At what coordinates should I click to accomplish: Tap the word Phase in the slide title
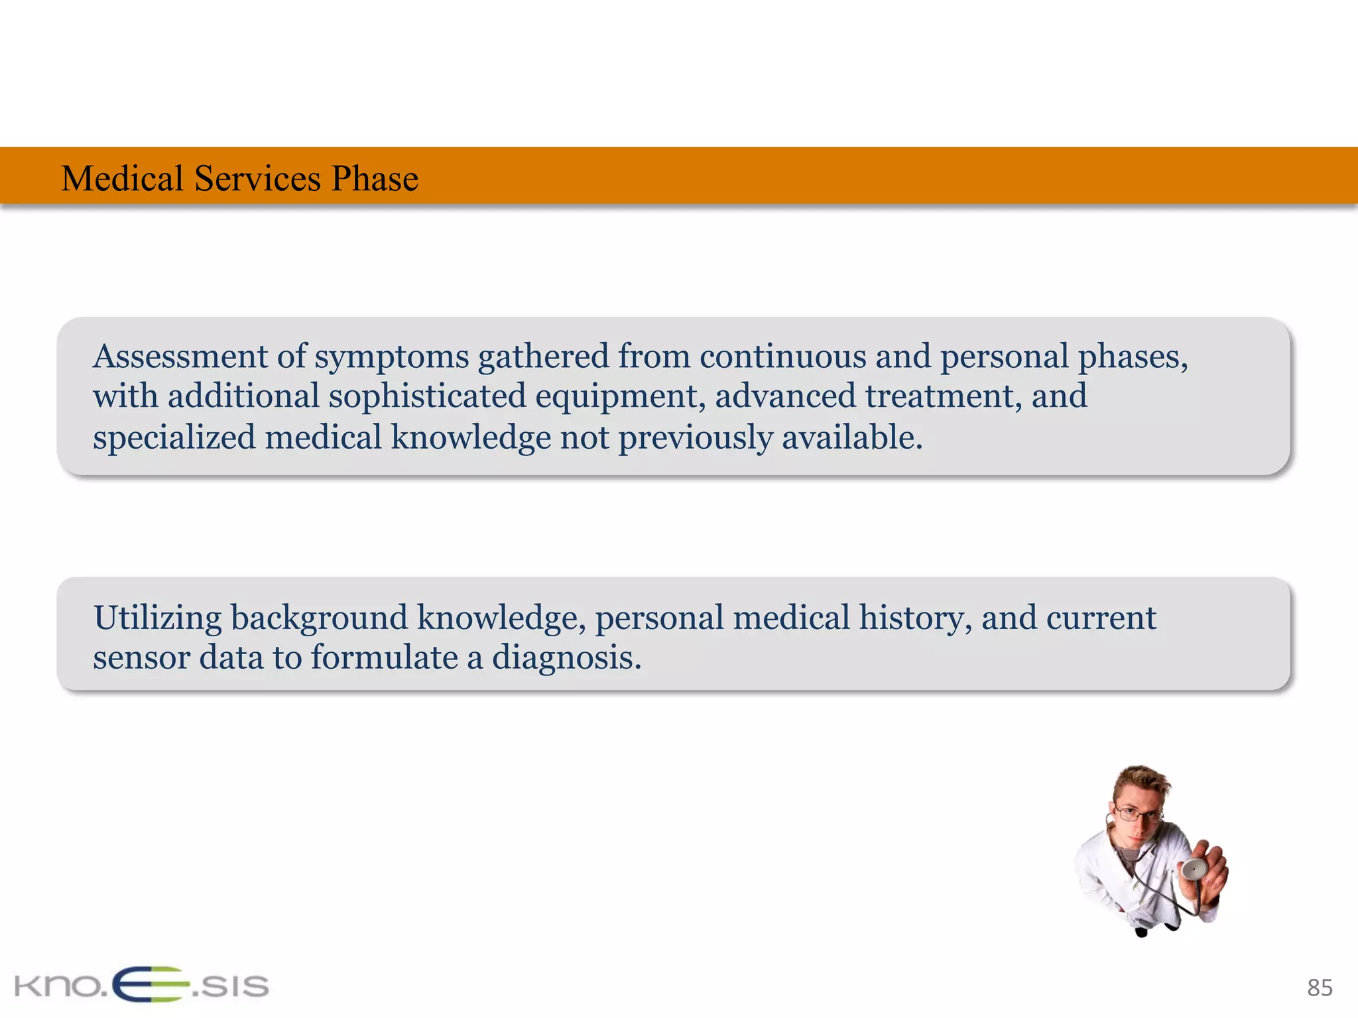coord(375,178)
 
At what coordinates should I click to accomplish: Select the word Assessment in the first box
coord(180,357)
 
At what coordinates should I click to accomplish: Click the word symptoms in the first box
coord(391,358)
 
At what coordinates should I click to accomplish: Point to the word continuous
coord(782,357)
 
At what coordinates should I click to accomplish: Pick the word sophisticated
coord(427,396)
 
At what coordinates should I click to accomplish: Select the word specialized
coord(174,438)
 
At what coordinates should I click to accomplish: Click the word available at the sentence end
coord(851,438)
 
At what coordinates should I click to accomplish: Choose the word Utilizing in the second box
coord(157,618)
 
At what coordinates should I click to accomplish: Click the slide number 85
coord(1320,988)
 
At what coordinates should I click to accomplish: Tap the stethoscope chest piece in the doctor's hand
coord(1194,868)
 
